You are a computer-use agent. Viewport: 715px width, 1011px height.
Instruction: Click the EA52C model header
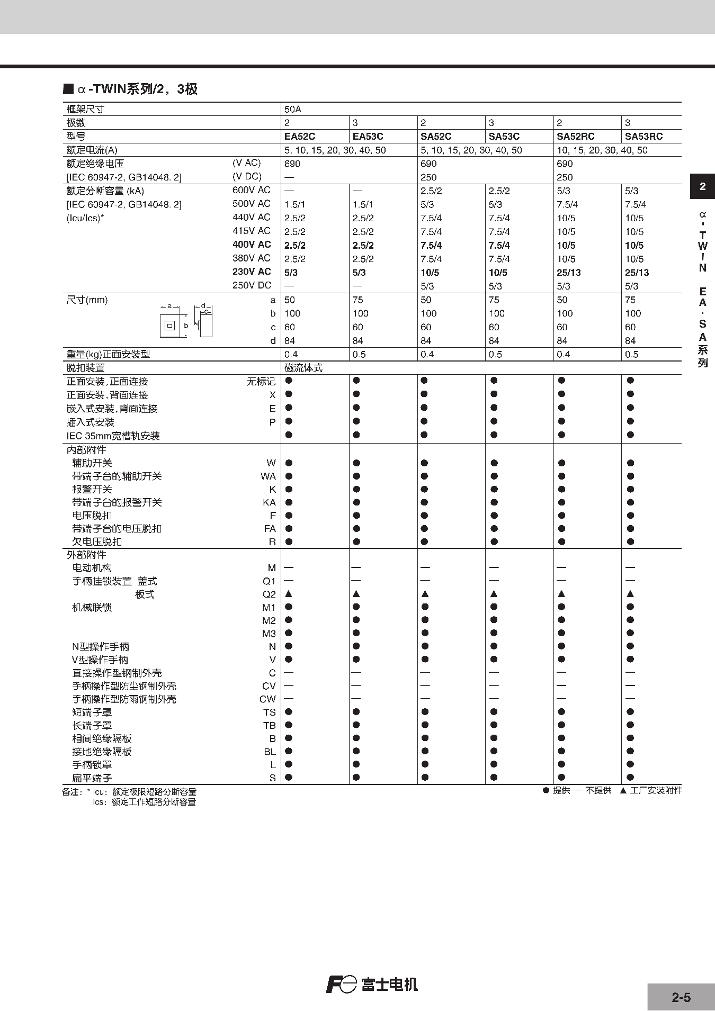point(300,137)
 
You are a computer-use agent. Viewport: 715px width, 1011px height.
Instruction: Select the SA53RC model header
point(643,137)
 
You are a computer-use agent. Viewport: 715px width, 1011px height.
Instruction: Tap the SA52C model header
point(436,137)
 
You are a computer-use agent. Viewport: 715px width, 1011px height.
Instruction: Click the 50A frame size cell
point(293,110)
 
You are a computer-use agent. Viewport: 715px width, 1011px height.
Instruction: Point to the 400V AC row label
point(252,245)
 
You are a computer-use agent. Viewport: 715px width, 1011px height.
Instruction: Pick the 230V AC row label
point(252,272)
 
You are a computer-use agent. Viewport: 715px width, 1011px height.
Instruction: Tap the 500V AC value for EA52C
point(295,204)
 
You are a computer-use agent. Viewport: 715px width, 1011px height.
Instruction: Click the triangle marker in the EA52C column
point(289,594)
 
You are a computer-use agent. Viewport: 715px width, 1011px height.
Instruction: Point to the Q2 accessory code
point(269,594)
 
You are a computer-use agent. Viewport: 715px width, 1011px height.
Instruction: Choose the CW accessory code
point(267,699)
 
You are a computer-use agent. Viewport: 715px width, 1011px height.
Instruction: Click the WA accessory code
point(268,476)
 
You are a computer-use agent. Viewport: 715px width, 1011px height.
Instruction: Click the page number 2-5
point(681,998)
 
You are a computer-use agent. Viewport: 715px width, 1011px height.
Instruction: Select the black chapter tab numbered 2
point(702,186)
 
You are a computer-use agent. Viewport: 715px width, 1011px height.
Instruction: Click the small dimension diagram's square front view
point(169,326)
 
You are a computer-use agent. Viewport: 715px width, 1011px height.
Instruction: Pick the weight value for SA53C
point(495,355)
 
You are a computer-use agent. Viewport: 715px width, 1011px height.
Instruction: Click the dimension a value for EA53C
point(358,300)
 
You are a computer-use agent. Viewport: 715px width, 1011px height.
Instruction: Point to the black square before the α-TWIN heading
point(68,89)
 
